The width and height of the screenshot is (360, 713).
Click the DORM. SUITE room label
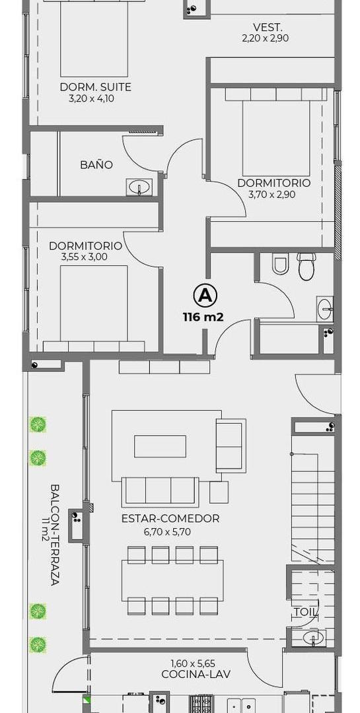[96, 87]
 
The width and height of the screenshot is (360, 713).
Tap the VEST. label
[266, 26]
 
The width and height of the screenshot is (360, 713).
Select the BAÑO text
[96, 164]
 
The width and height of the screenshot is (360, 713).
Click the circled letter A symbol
[205, 296]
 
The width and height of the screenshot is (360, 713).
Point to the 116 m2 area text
[203, 317]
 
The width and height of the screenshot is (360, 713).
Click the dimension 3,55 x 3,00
[84, 257]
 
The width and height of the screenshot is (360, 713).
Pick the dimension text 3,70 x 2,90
[272, 195]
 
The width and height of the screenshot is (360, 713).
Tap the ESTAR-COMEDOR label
[170, 518]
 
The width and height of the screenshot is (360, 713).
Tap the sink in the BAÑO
[139, 187]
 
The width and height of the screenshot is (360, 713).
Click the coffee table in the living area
[161, 446]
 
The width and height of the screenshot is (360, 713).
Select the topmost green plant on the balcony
[38, 424]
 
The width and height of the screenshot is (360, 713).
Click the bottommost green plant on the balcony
[38, 645]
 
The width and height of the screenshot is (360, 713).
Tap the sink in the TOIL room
[312, 637]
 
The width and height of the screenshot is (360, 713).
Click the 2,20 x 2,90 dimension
[266, 38]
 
